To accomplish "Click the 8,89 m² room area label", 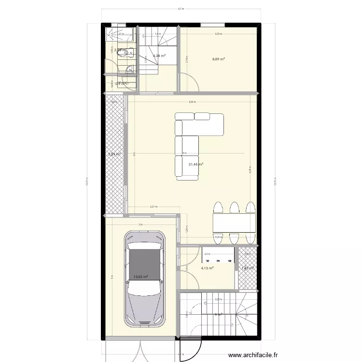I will coord(219,59).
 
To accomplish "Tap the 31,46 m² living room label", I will coord(195,165).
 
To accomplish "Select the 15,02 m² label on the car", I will coord(140,277).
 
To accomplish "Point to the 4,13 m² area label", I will coord(207,268).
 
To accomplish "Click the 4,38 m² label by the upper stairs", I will coord(159,56).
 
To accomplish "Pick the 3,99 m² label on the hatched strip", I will coord(114,154).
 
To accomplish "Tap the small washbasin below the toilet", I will coord(129,70).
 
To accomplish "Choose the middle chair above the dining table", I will coord(234,208).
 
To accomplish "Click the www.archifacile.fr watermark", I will coord(253,355).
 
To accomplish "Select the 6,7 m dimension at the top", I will coord(181,8).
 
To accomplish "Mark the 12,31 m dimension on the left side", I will coord(87,182).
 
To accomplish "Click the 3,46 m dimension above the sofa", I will coord(192,102).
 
